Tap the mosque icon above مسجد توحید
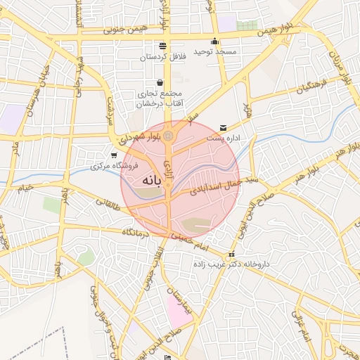214,40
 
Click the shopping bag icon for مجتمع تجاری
161,83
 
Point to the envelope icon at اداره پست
224,127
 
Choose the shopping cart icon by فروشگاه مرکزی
114,155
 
